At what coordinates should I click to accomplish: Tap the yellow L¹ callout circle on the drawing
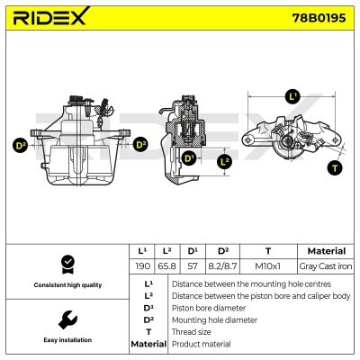click(x=292, y=95)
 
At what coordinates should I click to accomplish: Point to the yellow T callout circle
click(x=336, y=167)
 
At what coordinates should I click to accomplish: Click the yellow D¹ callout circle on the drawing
click(x=189, y=158)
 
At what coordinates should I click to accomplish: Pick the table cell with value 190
click(x=141, y=267)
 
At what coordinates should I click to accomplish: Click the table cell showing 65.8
click(x=167, y=267)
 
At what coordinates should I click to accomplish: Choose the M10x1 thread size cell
click(x=267, y=267)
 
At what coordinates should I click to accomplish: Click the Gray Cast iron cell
click(x=325, y=267)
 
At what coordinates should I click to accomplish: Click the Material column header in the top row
click(x=325, y=251)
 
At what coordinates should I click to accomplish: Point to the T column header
click(x=267, y=251)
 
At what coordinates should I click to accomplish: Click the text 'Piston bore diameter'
click(x=210, y=307)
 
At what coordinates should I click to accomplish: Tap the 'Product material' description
click(x=201, y=344)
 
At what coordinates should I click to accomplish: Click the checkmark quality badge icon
click(x=66, y=264)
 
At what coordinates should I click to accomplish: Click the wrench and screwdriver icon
click(x=66, y=319)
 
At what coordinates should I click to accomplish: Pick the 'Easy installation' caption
click(x=66, y=341)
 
